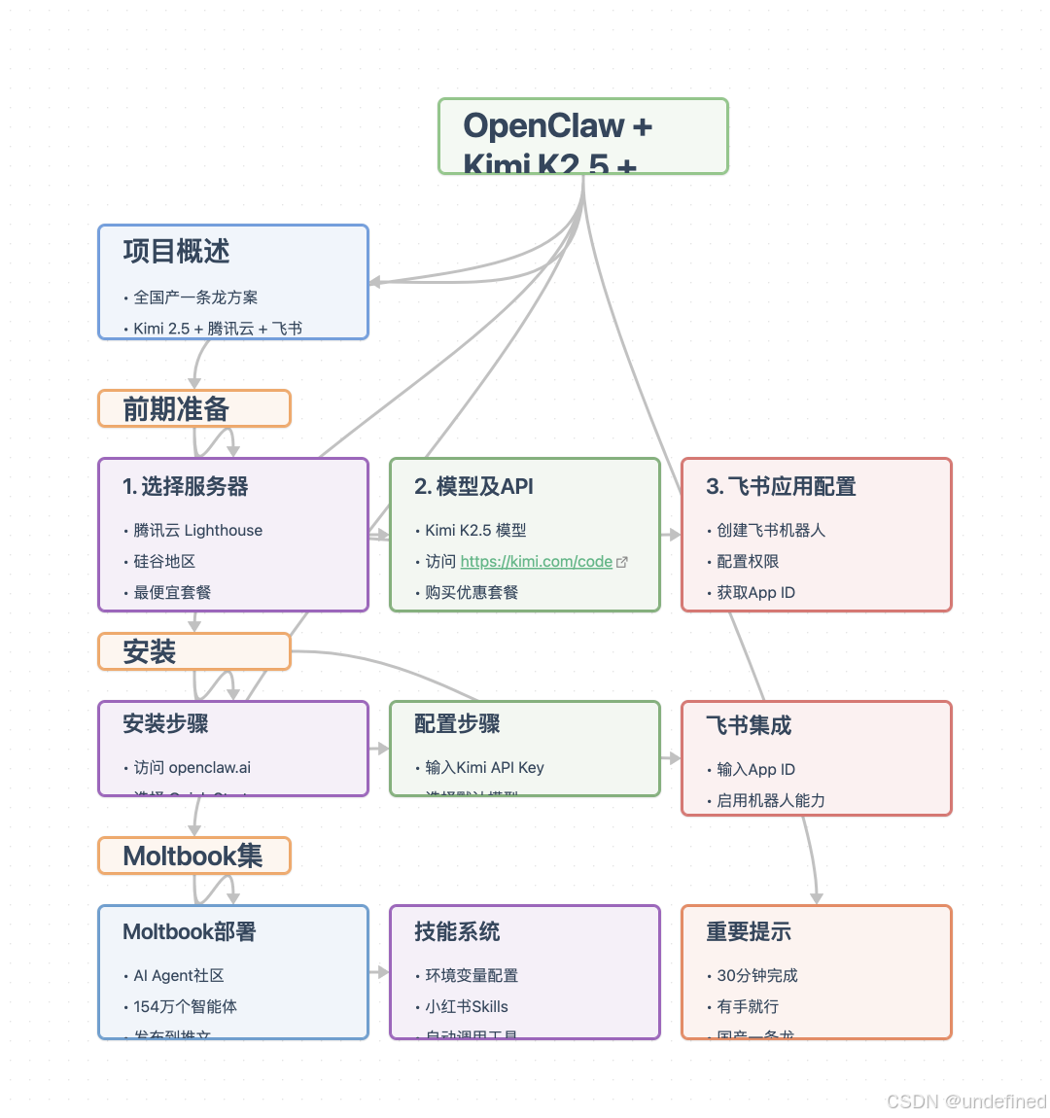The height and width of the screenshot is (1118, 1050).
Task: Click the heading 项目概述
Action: tap(176, 252)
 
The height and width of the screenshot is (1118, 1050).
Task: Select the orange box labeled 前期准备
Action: tap(193, 408)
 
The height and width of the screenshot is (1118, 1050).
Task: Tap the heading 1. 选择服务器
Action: tap(186, 486)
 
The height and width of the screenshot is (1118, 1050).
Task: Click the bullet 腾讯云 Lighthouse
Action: tap(197, 530)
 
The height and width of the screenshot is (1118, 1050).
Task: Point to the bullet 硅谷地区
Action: tap(164, 561)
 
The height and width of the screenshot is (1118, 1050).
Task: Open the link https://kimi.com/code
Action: tap(536, 561)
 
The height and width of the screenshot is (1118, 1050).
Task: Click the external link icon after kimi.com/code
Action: tap(622, 562)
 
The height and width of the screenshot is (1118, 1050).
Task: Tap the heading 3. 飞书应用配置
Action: tap(781, 486)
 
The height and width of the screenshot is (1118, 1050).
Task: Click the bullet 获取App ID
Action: tap(755, 592)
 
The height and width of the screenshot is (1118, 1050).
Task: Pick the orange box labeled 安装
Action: tap(193, 651)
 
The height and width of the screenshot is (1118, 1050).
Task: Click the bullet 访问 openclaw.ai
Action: tap(192, 767)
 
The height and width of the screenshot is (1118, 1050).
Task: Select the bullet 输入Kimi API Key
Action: tap(484, 767)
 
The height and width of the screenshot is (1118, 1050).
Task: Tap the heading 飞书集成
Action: tap(749, 725)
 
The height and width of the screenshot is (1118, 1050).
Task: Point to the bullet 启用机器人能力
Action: tap(771, 800)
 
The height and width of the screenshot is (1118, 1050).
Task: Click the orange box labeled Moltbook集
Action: tap(193, 856)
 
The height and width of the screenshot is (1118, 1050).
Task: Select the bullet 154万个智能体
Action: tap(185, 1006)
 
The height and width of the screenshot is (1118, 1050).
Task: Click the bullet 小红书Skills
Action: tap(467, 1006)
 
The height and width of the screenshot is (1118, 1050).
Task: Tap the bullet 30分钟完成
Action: tap(757, 975)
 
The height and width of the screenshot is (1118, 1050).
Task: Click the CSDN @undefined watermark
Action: tap(966, 1101)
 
